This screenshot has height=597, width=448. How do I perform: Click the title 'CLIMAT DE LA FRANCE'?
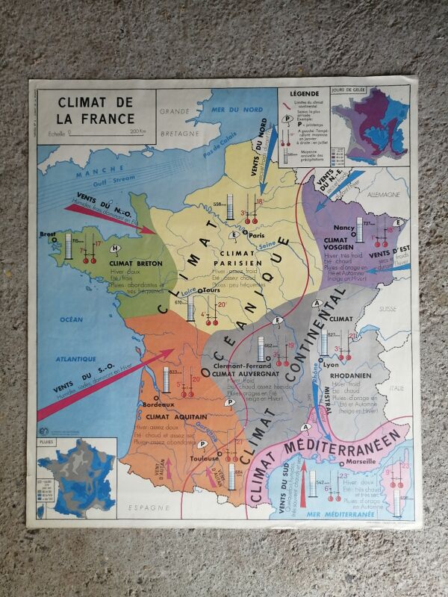pos(96,110)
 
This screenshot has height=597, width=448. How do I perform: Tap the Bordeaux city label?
pos(160,404)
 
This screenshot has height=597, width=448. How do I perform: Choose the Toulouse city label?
pos(205,460)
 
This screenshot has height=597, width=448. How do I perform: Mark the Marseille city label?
pos(361,460)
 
